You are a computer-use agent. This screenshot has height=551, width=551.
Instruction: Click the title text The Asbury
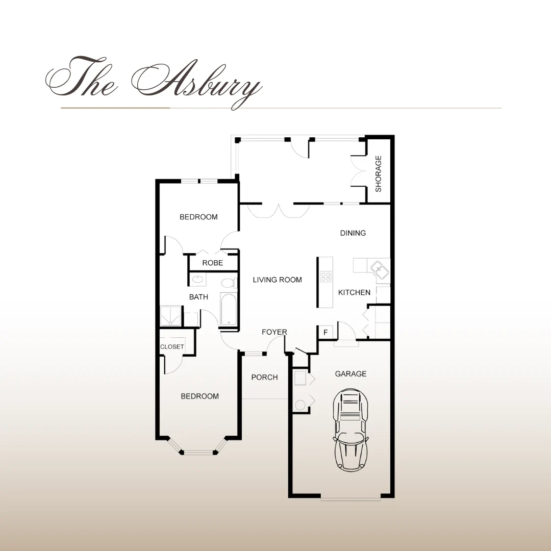pyautogui.click(x=153, y=82)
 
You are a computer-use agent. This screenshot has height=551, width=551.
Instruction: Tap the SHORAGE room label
pyautogui.click(x=379, y=173)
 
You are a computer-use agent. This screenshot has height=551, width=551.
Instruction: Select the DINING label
pyautogui.click(x=353, y=233)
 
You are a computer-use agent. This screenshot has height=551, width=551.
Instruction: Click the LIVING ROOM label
pyautogui.click(x=278, y=280)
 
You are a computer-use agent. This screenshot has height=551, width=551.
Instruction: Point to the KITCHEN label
pyautogui.click(x=354, y=293)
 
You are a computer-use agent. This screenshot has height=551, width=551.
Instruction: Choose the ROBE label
pyautogui.click(x=213, y=263)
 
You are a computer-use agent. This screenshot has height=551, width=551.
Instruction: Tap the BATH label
pyautogui.click(x=198, y=297)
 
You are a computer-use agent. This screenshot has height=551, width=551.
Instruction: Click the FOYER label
pyautogui.click(x=274, y=332)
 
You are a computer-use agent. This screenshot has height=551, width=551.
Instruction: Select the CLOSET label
pyautogui.click(x=172, y=347)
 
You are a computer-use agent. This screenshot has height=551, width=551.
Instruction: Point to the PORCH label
pyautogui.click(x=264, y=378)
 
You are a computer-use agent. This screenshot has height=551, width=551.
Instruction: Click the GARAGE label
pyautogui.click(x=350, y=374)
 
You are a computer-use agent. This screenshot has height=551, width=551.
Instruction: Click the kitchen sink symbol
pyautogui.click(x=378, y=267)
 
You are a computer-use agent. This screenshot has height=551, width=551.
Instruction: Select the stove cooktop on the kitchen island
pyautogui.click(x=325, y=277)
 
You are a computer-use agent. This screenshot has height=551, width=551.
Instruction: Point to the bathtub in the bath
pyautogui.click(x=228, y=309)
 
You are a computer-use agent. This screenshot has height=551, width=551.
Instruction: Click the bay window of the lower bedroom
pyautogui.click(x=199, y=451)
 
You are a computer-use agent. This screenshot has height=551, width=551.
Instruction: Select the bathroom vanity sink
pyautogui.click(x=198, y=280)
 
